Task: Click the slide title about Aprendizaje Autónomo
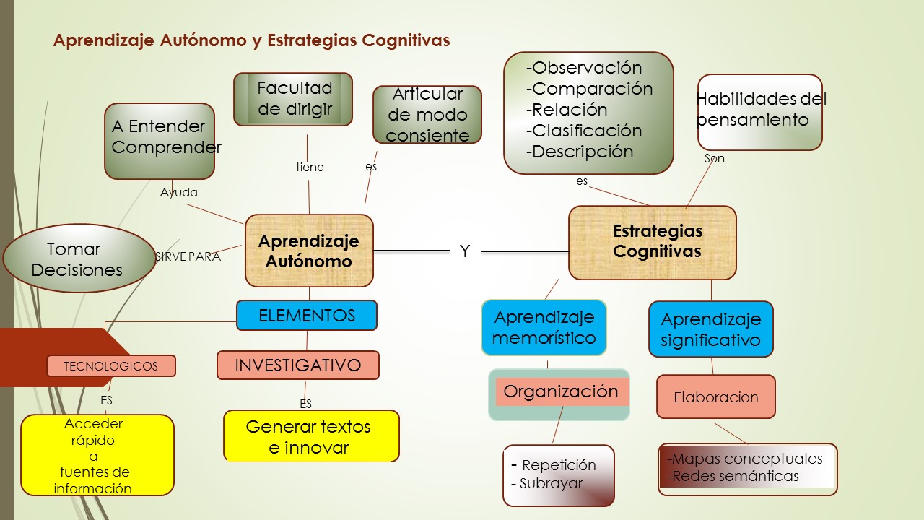click(251, 40)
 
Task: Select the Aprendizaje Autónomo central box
click(309, 251)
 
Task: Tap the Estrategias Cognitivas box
click(653, 242)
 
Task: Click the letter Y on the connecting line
click(465, 251)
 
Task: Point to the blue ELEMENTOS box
click(307, 316)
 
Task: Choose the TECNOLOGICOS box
click(111, 366)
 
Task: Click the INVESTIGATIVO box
click(297, 365)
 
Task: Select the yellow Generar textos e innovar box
click(310, 436)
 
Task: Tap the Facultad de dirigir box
click(294, 99)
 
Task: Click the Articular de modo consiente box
click(427, 115)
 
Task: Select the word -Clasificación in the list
click(584, 131)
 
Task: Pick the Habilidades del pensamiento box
click(759, 112)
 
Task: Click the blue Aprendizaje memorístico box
click(544, 327)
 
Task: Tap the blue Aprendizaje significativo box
click(711, 329)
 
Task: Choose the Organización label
click(561, 391)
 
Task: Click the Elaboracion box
click(716, 396)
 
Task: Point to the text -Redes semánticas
click(733, 476)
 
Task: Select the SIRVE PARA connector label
click(188, 256)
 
